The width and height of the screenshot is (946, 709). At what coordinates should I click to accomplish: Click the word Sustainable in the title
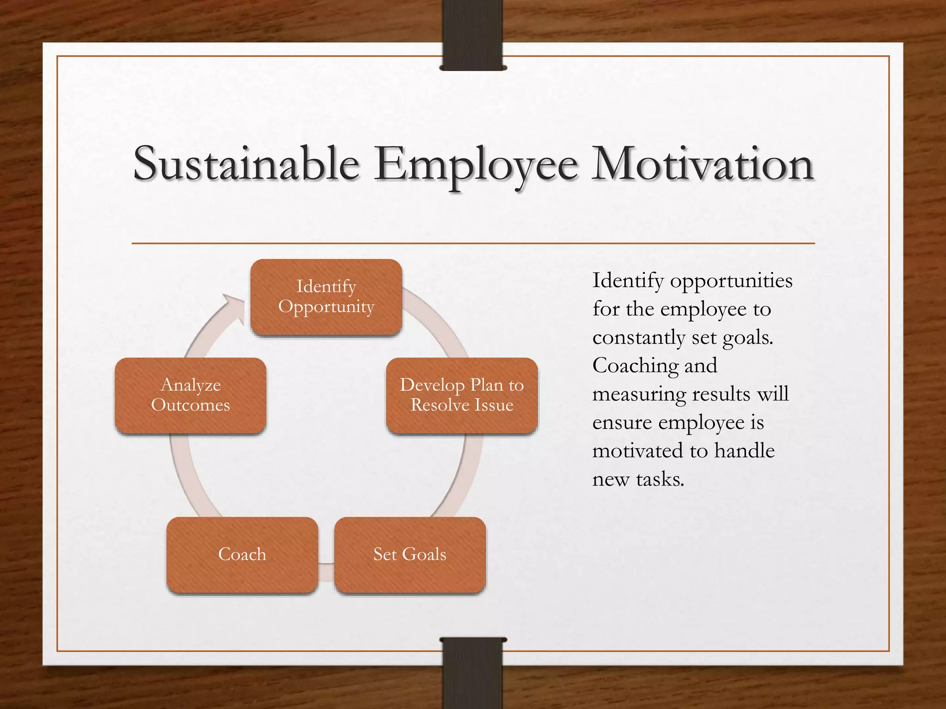[x=246, y=164]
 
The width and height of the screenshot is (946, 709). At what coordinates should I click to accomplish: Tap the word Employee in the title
[x=476, y=165]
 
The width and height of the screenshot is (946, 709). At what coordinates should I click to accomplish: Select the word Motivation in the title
[x=703, y=164]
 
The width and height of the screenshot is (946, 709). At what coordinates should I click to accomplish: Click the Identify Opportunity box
[x=326, y=297]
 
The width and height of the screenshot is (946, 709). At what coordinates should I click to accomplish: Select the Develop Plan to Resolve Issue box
[x=462, y=395]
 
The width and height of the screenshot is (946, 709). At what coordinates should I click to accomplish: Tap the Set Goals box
[x=410, y=554]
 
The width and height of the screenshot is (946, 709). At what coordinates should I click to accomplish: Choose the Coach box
[x=242, y=554]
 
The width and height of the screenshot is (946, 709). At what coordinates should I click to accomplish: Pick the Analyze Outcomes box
[x=190, y=395]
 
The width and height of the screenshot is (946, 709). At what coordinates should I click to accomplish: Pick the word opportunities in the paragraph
[x=731, y=281]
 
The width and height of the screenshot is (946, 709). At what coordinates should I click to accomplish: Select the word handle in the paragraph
[x=744, y=451]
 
